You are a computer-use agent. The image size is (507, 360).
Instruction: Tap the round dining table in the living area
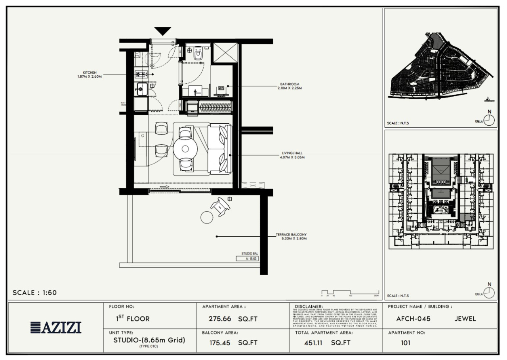(185, 149)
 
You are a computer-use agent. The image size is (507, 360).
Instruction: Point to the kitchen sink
(141, 88)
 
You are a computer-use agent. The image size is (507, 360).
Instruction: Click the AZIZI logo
(55, 327)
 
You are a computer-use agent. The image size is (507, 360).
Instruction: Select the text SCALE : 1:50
(35, 293)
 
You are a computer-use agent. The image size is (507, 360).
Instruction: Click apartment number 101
(405, 343)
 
